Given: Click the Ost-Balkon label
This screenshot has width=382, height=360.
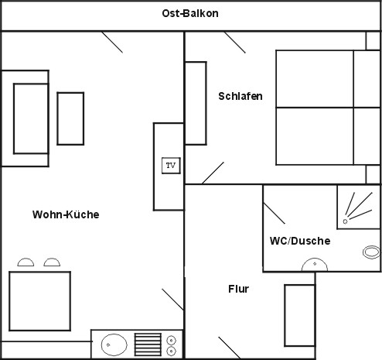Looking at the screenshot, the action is tap(190, 13).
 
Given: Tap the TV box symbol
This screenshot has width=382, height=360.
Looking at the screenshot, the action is tap(171, 166).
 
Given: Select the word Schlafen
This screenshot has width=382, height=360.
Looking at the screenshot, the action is tap(240, 96).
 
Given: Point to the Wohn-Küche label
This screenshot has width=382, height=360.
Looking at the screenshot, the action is tap(66, 214).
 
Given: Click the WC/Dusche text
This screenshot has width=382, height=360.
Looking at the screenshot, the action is tap(300, 241).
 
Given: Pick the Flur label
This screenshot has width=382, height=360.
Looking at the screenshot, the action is tap(238, 289).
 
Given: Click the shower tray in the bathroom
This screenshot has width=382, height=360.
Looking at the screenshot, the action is tap(359, 207).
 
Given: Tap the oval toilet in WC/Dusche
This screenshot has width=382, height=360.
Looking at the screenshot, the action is tap(371, 252).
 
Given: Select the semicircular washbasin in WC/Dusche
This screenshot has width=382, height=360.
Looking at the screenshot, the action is tap(315, 265).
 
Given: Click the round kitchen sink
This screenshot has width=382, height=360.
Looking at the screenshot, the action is tap(114, 345).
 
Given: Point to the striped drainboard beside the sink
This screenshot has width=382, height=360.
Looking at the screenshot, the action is tap(148, 345).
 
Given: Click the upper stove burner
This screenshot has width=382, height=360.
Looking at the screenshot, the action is tap(171, 340).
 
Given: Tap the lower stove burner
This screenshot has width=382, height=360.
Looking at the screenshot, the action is tap(171, 351).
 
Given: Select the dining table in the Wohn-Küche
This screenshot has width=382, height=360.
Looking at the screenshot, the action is tap(40, 301).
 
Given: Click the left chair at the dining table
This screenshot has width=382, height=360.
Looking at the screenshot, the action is tap(26, 262).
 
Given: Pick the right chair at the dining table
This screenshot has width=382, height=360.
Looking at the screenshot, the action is tap(52, 262).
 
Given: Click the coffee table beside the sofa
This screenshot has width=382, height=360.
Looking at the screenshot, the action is tap(70, 118).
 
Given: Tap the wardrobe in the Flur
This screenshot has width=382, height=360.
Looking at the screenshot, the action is tap(300, 315).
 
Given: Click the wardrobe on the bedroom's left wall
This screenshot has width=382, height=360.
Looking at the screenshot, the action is tap(196, 103).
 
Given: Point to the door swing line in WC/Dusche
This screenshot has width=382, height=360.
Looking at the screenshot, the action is tap(275, 214).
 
